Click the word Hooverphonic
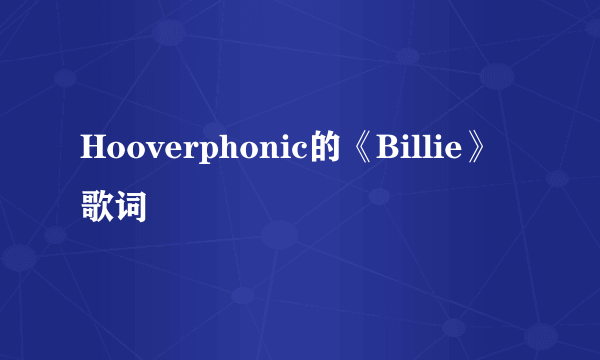[195, 148]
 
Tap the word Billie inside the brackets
[421, 148]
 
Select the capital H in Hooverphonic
[93, 148]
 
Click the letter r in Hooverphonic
[186, 150]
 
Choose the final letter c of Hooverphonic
[300, 150]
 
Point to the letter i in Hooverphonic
[285, 148]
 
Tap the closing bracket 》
[481, 148]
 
